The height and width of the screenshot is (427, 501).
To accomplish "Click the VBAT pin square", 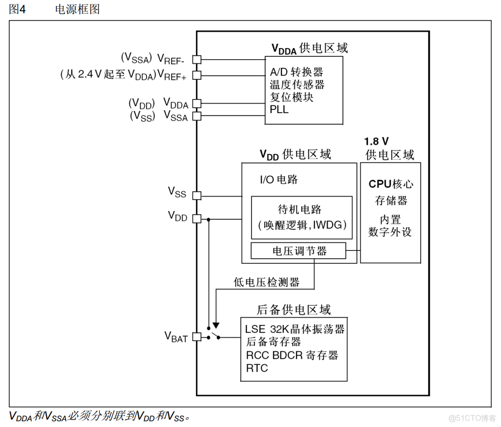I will pos(196,336).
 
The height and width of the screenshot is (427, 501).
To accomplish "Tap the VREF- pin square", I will pos(196,59).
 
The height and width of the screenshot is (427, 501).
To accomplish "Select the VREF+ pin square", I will pos(196,75).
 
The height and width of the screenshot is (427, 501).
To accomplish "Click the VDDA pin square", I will pos(196,104).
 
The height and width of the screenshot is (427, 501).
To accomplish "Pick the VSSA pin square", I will pos(196,115).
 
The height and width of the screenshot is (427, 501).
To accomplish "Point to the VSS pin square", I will pos(196,195).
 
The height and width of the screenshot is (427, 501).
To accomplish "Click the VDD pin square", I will pos(196,219).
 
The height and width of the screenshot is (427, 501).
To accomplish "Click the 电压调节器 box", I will pos(298,251).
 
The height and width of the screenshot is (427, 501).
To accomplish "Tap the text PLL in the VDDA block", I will pos(279,109).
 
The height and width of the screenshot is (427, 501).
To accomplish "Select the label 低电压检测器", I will pos(267,282).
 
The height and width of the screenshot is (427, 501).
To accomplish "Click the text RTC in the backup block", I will pos(257,368).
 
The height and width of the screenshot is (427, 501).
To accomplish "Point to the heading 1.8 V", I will pos(376,142).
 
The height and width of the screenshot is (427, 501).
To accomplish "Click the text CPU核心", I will pos(391,184).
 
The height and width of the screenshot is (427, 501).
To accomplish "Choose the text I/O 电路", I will pos(279,179).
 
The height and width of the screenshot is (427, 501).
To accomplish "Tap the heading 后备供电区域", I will pos(294,310).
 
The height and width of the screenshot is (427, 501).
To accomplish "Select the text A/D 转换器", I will pos(296,72).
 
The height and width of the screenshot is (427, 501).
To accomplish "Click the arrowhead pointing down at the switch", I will pos(216,325).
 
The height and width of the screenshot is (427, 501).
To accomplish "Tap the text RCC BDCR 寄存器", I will pos(292,355).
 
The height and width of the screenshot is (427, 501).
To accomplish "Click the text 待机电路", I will pos(299,209).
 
